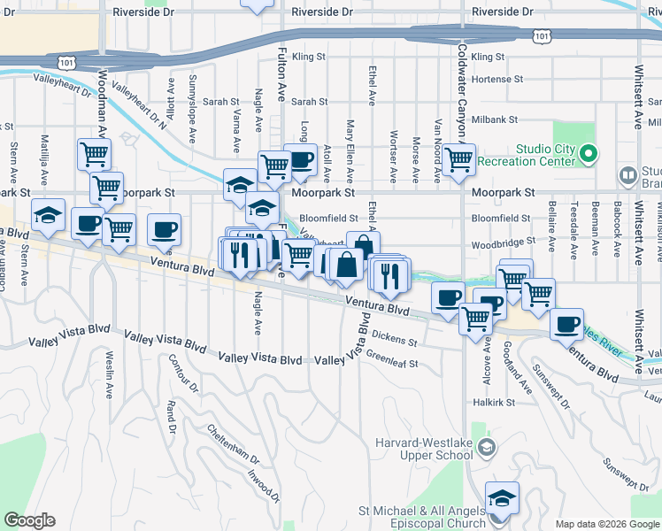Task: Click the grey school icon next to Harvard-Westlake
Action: [486, 450]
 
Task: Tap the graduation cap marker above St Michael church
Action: [502, 498]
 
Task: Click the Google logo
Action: [29, 520]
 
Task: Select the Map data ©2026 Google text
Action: [606, 524]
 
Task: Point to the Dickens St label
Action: [394, 338]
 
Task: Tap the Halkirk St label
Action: [494, 402]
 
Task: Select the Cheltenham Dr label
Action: [233, 446]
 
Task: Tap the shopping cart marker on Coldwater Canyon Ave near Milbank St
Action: [458, 160]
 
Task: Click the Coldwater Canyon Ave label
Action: [463, 88]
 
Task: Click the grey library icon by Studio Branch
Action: [627, 174]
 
